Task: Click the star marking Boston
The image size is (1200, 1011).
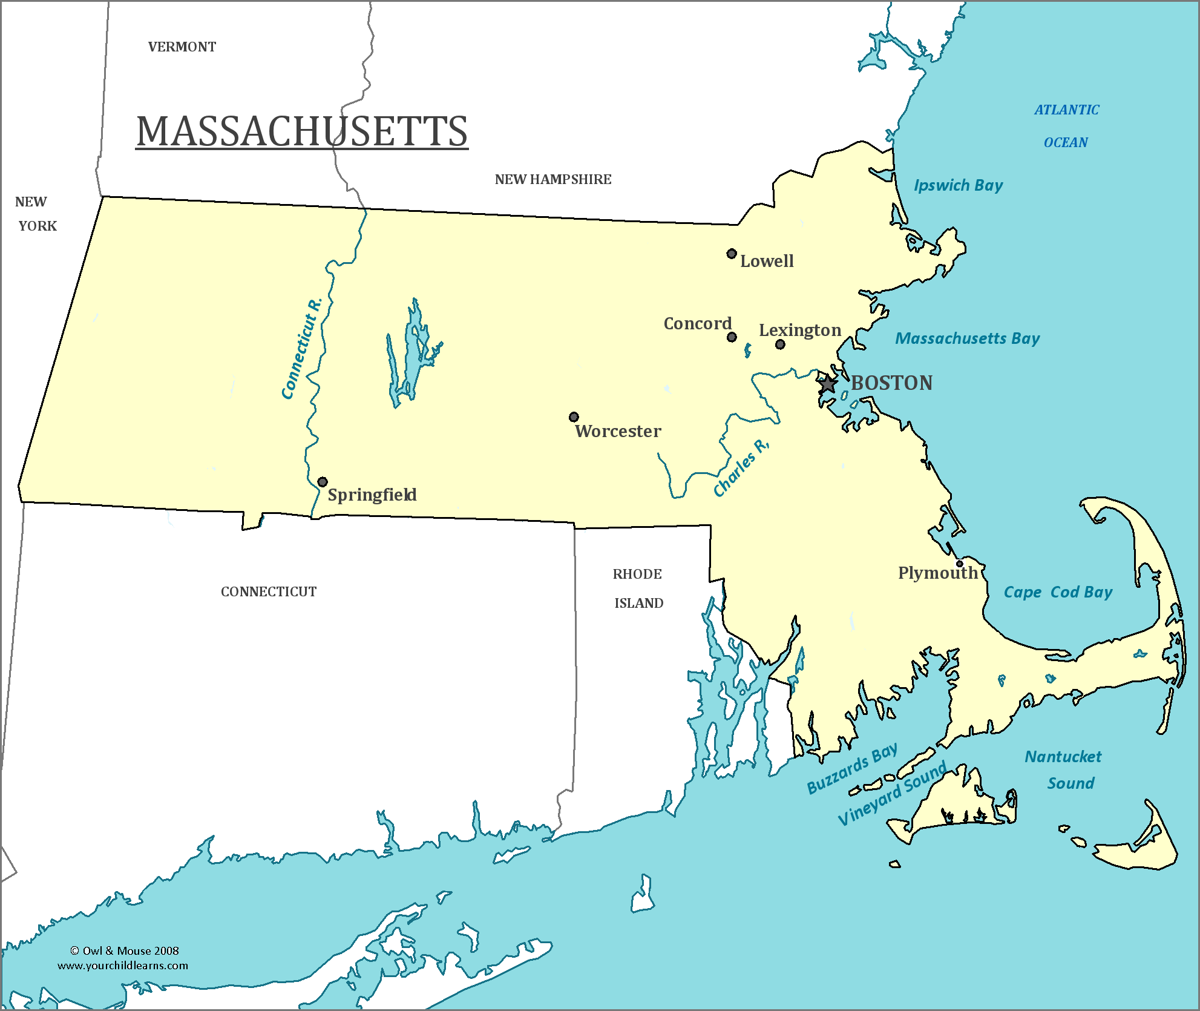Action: point(827,384)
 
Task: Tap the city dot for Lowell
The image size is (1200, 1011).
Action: point(732,254)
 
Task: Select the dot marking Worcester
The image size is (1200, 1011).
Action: point(574,417)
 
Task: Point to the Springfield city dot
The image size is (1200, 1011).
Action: point(323,482)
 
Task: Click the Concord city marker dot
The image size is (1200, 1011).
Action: point(732,337)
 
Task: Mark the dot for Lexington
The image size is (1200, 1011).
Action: point(780,344)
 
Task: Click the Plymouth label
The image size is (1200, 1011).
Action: point(937,573)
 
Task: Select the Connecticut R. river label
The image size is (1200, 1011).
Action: point(301,349)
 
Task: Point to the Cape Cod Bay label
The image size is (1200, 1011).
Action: point(1058,592)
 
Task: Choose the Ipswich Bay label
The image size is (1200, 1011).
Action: point(958,185)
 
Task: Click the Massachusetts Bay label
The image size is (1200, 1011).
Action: point(967,338)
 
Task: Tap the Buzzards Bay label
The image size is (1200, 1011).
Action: point(852,769)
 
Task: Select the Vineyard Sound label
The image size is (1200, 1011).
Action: point(892,794)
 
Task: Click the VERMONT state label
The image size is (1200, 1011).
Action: point(182,47)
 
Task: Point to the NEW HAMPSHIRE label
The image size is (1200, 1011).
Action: point(553,180)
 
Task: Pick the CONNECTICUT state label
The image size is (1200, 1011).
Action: point(268,592)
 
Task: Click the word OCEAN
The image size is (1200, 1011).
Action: point(1066,143)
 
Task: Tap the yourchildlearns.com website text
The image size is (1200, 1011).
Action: point(123,966)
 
